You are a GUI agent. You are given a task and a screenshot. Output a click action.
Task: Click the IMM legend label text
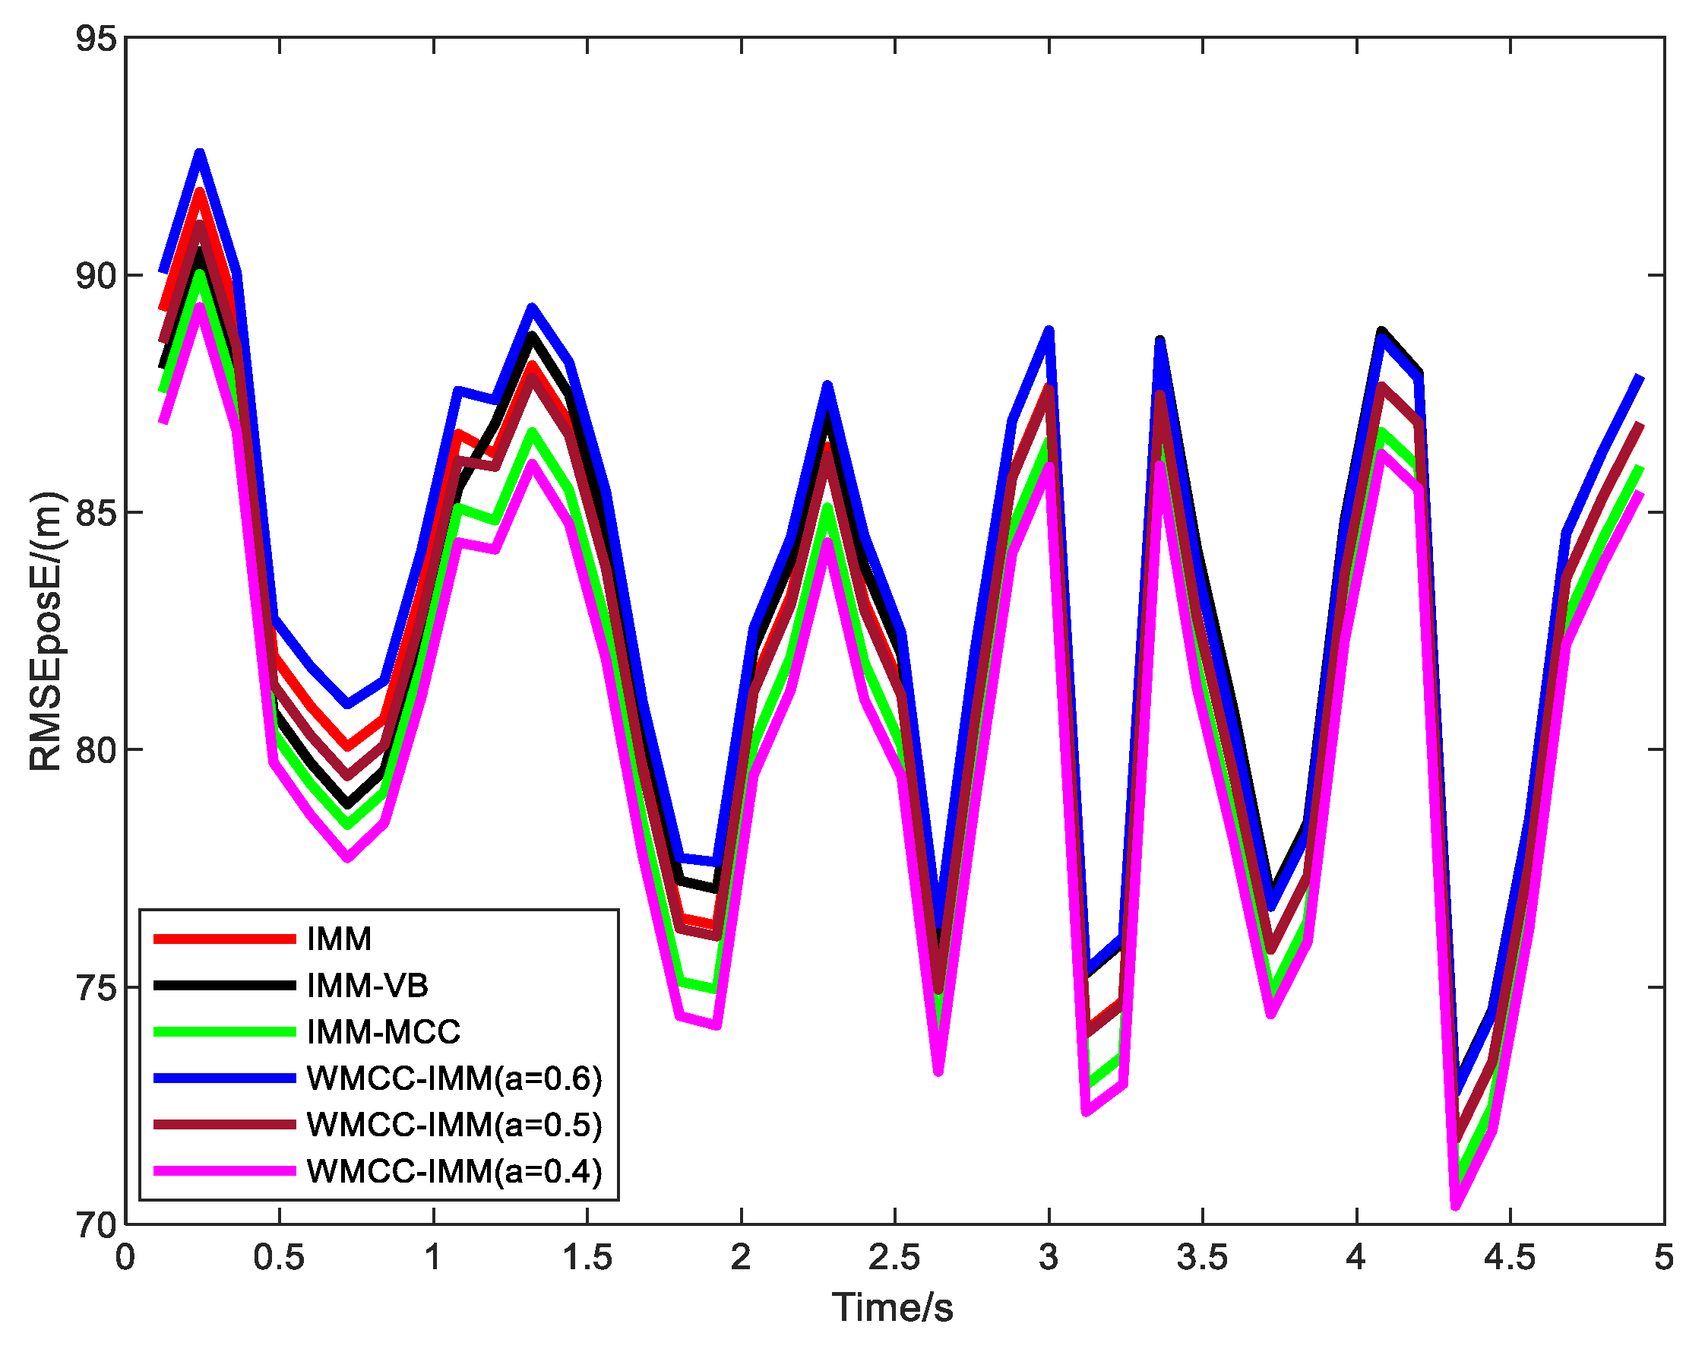[x=339, y=939]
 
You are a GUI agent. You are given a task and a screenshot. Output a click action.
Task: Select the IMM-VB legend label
[x=367, y=986]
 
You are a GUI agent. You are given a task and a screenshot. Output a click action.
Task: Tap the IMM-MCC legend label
[x=383, y=1032]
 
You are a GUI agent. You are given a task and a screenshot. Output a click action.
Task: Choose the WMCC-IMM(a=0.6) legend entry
[x=454, y=1078]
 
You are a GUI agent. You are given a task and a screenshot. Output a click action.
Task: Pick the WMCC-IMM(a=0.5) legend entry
[x=454, y=1125]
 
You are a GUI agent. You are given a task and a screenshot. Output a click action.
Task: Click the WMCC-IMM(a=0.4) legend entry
[x=454, y=1171]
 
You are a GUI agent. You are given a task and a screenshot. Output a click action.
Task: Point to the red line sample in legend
[x=225, y=939]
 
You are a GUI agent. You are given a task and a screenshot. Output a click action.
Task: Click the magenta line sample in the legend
[x=225, y=1171]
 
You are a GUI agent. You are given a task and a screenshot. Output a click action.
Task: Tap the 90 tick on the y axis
[x=95, y=277]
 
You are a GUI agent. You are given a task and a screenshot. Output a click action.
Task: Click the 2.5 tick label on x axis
[x=894, y=1258]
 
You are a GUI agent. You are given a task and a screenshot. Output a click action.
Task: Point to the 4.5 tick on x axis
[x=1510, y=1258]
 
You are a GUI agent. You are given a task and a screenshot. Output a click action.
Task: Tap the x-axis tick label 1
[x=432, y=1258]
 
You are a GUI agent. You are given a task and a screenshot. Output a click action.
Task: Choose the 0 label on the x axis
[x=125, y=1258]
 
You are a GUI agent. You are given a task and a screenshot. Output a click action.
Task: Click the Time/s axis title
[x=893, y=1308]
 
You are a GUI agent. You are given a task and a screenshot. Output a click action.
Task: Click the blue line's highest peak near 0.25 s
[x=200, y=153]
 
